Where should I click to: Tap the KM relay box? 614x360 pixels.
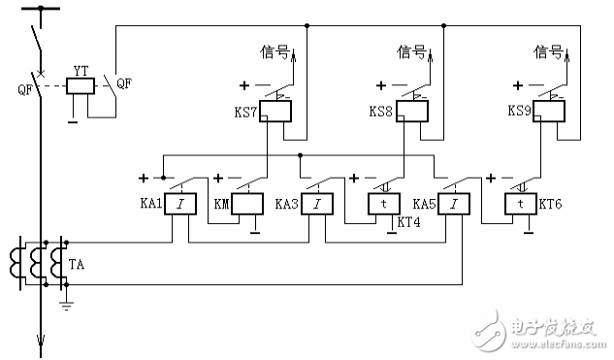(247, 204)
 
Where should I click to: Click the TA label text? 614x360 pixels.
(78, 263)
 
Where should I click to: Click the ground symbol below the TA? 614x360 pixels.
(64, 304)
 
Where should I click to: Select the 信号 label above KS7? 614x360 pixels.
(275, 50)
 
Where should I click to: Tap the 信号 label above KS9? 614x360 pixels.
(549, 50)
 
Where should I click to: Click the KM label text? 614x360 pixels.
(220, 206)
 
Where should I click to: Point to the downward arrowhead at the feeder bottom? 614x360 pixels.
(40, 340)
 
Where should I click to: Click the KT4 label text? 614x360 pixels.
(408, 222)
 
